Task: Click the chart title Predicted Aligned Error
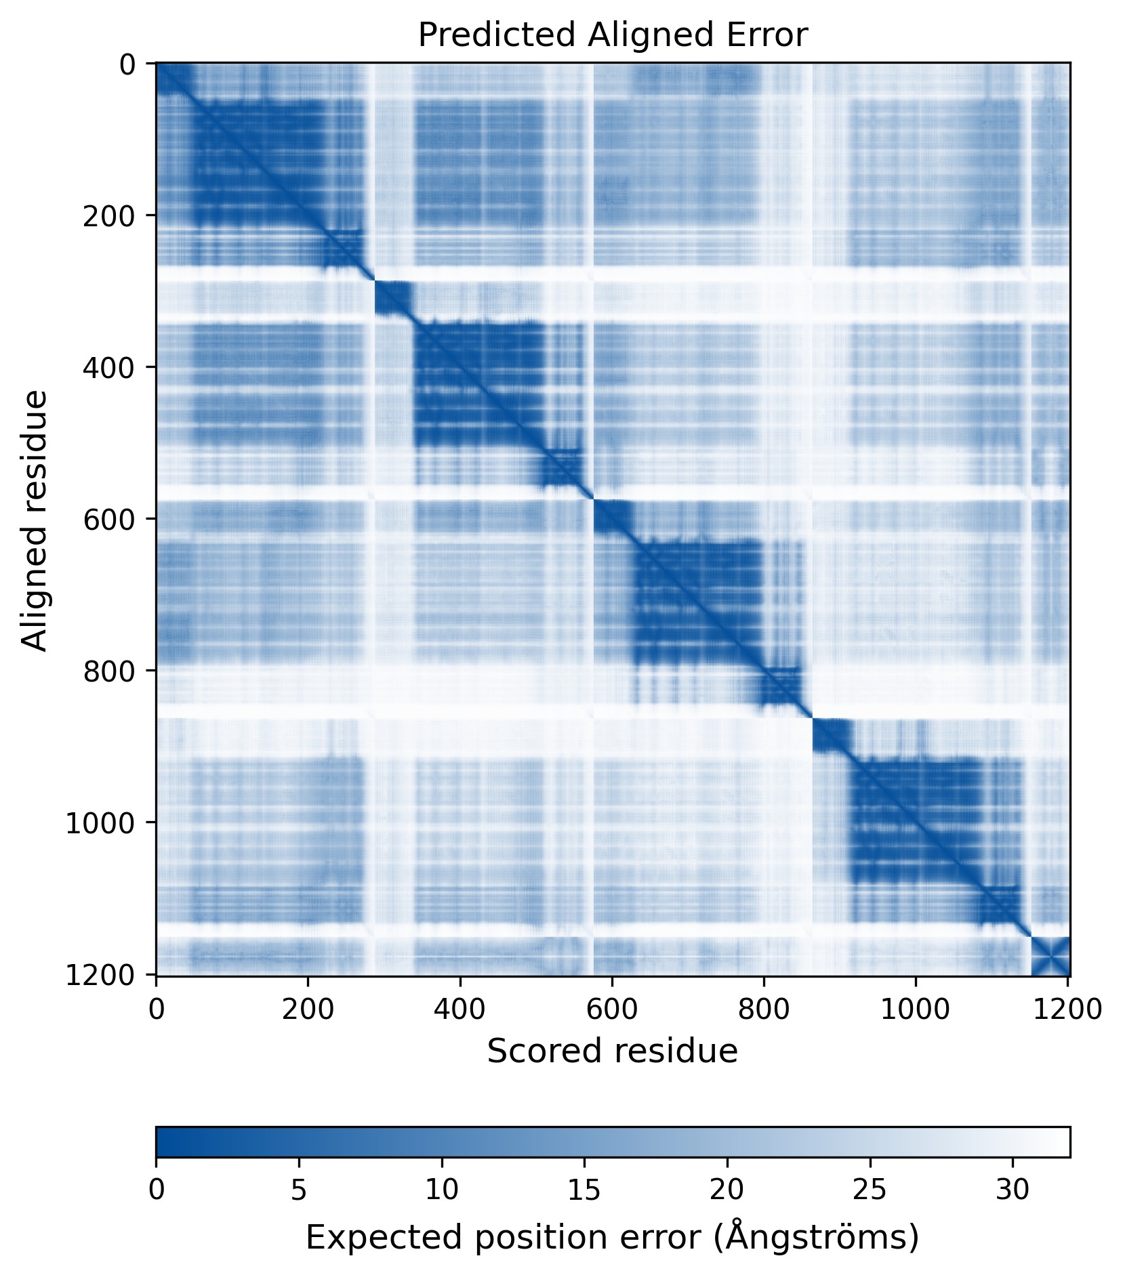[x=612, y=35]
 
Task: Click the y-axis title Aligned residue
[x=35, y=520]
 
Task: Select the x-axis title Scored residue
[x=612, y=1051]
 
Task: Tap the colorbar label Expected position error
[x=612, y=1237]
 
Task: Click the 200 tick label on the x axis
[x=308, y=1009]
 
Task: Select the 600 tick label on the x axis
[x=612, y=1009]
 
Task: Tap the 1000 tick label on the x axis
[x=916, y=1009]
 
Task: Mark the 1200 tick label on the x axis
[x=1067, y=1009]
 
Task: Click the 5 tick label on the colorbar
[x=299, y=1190]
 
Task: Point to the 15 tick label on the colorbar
[x=584, y=1190]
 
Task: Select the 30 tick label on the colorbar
[x=1013, y=1190]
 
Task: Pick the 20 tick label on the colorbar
[x=727, y=1190]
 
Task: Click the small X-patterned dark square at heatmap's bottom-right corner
[x=1050, y=956]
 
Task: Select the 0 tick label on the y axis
[x=127, y=65]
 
